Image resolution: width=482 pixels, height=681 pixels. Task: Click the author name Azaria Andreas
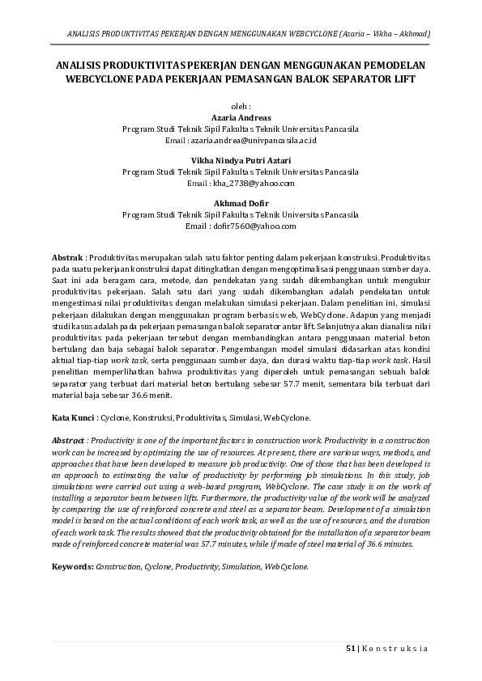click(241, 117)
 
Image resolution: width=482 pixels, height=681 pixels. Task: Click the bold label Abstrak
click(67, 256)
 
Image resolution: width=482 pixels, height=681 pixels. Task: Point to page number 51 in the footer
click(352, 649)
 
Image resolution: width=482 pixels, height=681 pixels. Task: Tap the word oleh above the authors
click(240, 106)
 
